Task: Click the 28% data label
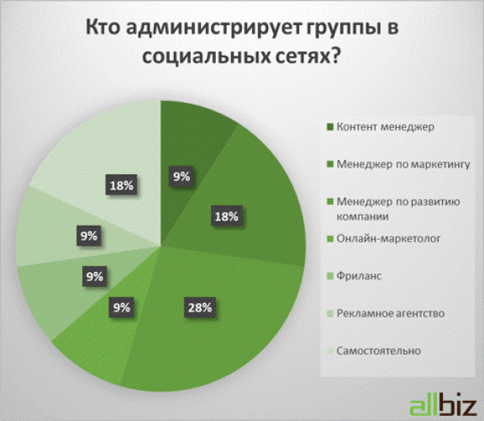point(200,307)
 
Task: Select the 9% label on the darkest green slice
point(181,177)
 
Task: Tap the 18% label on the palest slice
point(122,185)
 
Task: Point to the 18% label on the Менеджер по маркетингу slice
point(226,216)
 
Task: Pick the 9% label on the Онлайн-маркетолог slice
point(121,307)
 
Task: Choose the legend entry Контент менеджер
point(385,127)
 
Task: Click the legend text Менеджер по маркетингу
point(403,164)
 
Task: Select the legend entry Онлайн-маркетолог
point(388,238)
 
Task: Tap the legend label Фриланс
point(359,275)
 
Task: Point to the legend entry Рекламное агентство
point(391,313)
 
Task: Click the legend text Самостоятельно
point(379,351)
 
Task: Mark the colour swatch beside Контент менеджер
point(330,127)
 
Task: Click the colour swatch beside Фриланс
point(330,276)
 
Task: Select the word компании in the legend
point(362,216)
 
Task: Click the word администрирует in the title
point(214,28)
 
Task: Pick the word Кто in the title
point(103,27)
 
